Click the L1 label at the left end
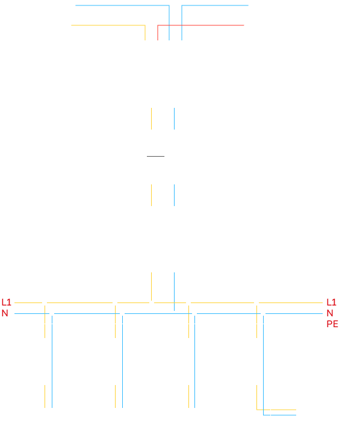[x=6, y=302]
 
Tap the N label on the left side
[x=5, y=313]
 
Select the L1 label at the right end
[x=331, y=302]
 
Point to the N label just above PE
[x=330, y=313]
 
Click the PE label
[x=332, y=324]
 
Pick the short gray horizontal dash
[x=155, y=156]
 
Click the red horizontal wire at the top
[x=200, y=25]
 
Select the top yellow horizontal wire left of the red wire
[x=108, y=25]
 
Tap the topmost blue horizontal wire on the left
[x=122, y=5]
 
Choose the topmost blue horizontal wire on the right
[x=215, y=5]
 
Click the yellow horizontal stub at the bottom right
[x=276, y=410]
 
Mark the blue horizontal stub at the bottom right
[x=280, y=415]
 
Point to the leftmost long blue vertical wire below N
[x=52, y=362]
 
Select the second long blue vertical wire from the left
[x=123, y=362]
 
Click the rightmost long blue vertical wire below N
[x=263, y=365]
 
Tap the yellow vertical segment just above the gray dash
[x=152, y=119]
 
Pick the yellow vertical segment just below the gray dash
[x=152, y=195]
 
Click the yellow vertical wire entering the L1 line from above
[x=152, y=286]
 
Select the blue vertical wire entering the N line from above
[x=175, y=292]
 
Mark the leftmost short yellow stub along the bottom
[x=45, y=396]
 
